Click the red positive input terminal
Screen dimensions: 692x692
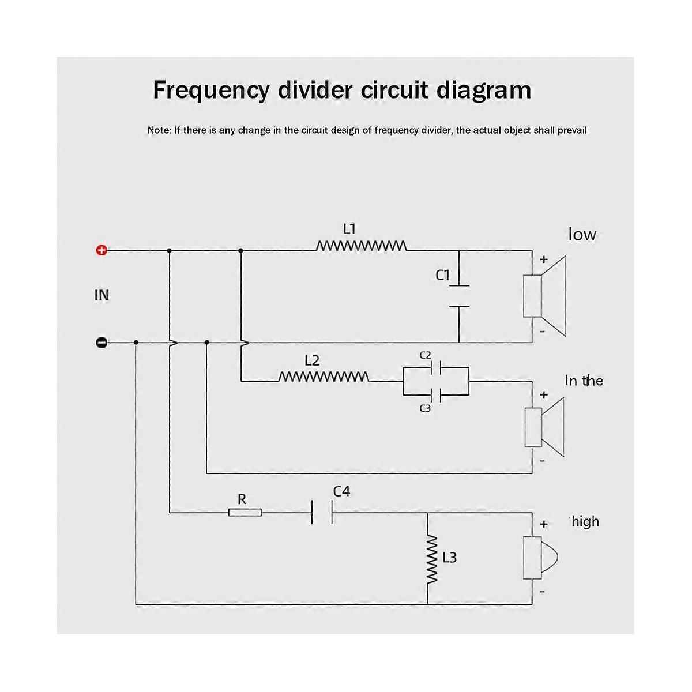click(101, 250)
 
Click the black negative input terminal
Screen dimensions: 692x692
click(101, 343)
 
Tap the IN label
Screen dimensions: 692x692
click(101, 295)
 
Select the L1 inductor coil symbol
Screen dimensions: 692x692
click(361, 246)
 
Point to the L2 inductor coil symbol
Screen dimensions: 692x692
click(324, 377)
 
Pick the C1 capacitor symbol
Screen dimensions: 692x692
click(459, 296)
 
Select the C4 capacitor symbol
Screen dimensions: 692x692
click(322, 512)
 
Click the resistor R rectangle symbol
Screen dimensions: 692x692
click(245, 512)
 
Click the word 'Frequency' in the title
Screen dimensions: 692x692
click(211, 91)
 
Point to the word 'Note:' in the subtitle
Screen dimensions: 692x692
click(159, 130)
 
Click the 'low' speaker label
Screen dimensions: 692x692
click(582, 235)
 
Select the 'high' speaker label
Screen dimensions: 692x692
click(585, 522)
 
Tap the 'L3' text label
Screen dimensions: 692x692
click(449, 558)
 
